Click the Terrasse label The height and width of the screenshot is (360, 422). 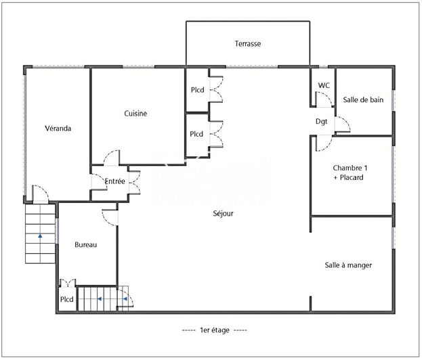click(x=248, y=43)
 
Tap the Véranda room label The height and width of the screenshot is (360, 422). click(x=58, y=129)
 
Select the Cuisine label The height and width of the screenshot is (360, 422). click(x=135, y=113)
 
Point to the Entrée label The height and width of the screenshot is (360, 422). click(x=115, y=181)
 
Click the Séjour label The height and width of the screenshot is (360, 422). click(x=223, y=213)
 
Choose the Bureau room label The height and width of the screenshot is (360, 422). click(x=85, y=245)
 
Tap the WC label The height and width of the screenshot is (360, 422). click(x=324, y=85)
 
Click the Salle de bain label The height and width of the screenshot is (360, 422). click(x=363, y=99)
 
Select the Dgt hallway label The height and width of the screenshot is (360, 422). click(x=321, y=122)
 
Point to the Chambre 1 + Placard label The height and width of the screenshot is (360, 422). click(x=350, y=173)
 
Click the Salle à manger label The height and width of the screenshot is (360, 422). click(x=348, y=265)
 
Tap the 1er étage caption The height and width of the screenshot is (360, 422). click(x=215, y=330)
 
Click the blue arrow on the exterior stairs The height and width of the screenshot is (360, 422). click(x=40, y=235)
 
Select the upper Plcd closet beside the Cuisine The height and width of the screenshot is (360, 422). click(x=197, y=90)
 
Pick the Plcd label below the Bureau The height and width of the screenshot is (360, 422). click(x=67, y=299)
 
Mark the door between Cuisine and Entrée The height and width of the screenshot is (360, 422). click(x=112, y=158)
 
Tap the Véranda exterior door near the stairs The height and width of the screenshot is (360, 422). click(x=41, y=193)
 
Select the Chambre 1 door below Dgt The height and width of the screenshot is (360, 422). click(x=324, y=143)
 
